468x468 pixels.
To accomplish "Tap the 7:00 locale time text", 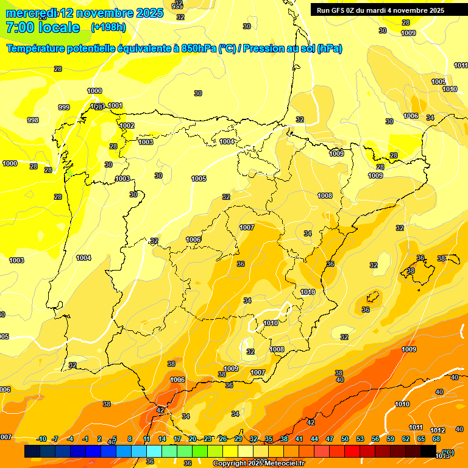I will (x=43, y=27).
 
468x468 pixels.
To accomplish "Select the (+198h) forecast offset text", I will (x=108, y=27).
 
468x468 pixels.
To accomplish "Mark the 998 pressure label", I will (x=33, y=120).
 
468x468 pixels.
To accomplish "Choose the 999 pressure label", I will (x=63, y=107).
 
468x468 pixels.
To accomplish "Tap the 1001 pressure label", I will (x=115, y=105).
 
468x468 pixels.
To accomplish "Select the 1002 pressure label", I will (x=127, y=126).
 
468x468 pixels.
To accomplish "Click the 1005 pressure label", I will (x=199, y=179).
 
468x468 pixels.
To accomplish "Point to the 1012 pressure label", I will (x=438, y=431).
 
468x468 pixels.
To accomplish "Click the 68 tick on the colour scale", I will (x=436, y=439).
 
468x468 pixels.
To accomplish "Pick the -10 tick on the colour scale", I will (x=42, y=439).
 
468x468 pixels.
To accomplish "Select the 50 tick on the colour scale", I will (x=345, y=439).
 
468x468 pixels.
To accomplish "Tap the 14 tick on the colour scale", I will (x=162, y=439).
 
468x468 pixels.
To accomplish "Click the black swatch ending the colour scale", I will (x=428, y=451).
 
